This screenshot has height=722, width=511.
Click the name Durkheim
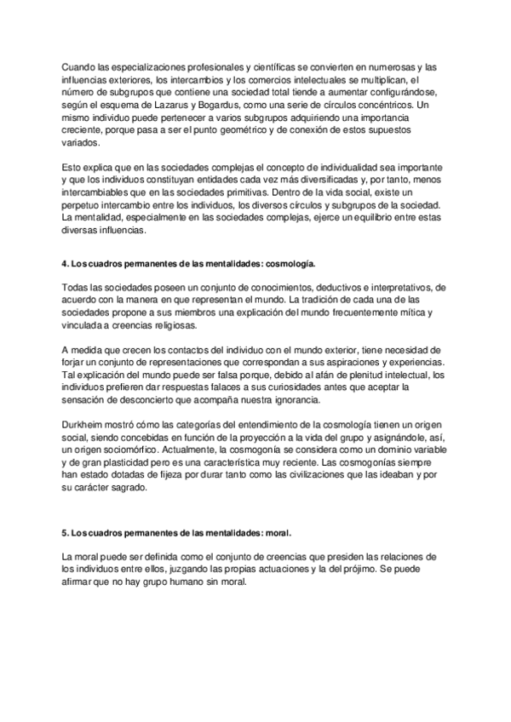[x=86, y=428]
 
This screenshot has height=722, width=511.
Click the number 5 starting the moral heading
[x=66, y=533]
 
